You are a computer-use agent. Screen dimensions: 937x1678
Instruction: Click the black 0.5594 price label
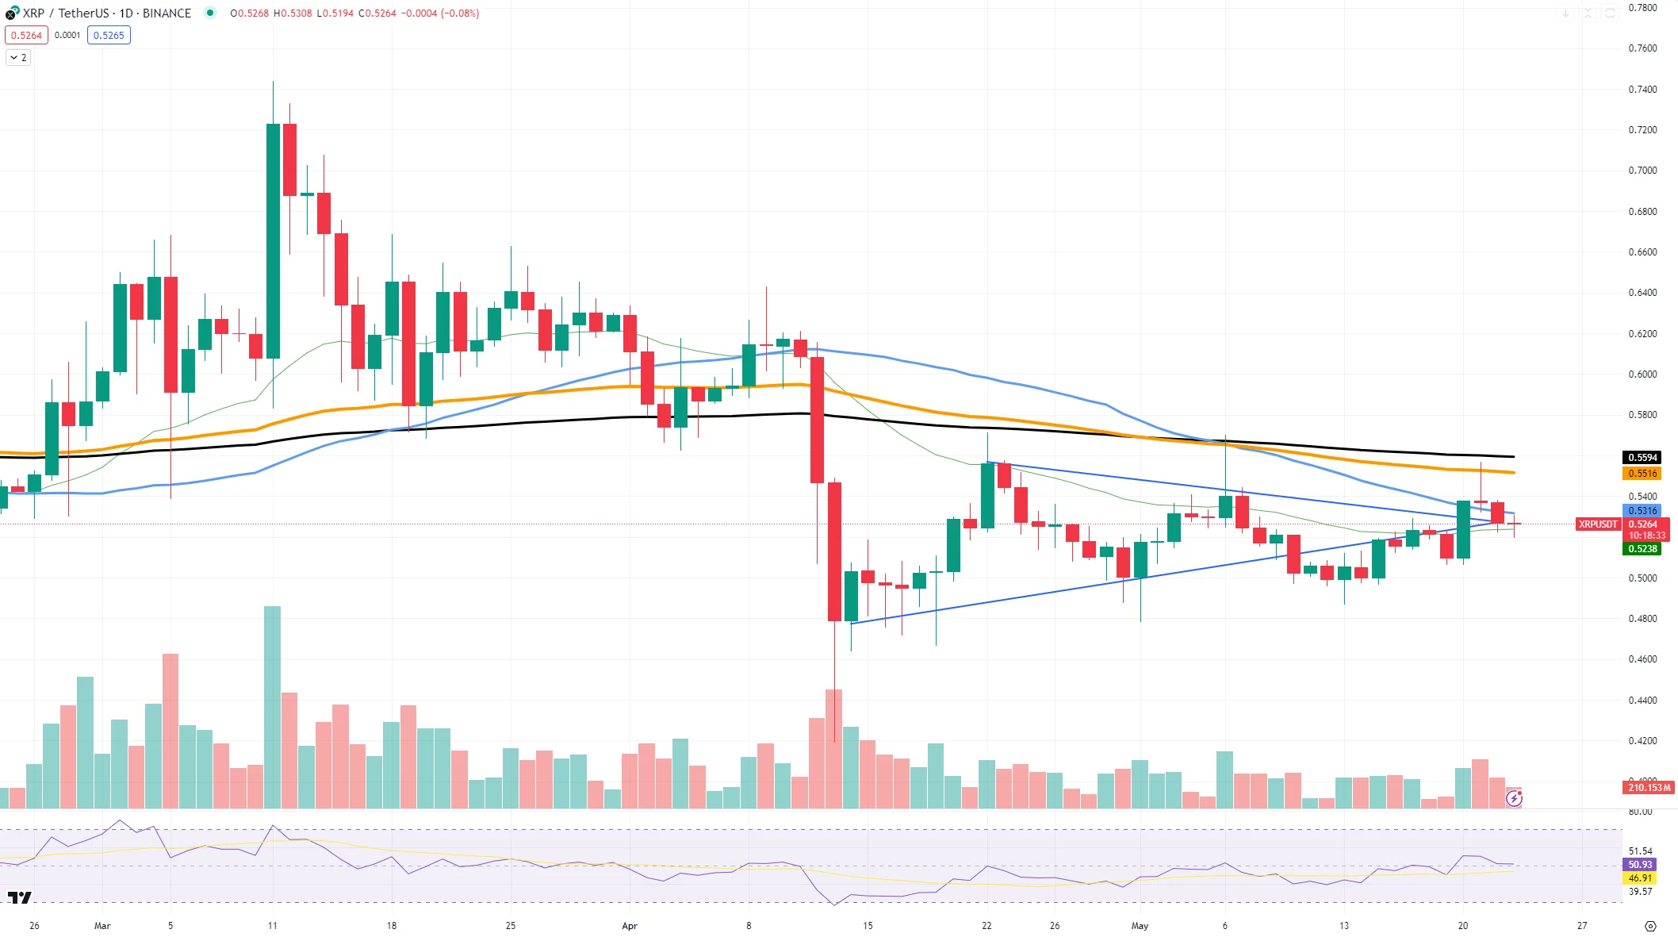[1642, 458]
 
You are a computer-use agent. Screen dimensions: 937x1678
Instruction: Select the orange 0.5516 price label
[1642, 474]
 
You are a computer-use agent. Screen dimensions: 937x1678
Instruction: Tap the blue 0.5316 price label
[1642, 511]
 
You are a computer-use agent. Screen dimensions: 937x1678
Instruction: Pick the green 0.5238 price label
[1642, 549]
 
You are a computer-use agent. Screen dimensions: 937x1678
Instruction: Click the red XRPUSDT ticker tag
[1597, 524]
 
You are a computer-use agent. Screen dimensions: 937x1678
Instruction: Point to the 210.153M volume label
[1649, 788]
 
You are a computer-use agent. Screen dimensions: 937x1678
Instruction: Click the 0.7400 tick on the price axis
[1642, 90]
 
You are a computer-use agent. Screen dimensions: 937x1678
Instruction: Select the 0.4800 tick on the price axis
[1642, 619]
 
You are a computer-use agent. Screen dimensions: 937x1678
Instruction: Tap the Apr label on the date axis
[630, 926]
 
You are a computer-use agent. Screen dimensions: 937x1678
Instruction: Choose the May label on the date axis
[1140, 926]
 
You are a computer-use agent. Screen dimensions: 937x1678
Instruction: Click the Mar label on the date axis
[102, 926]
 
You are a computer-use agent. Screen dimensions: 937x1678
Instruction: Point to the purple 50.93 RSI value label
[1640, 865]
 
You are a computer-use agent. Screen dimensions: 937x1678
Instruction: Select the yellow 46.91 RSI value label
[1640, 878]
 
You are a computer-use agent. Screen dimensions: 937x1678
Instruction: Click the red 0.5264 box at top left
[26, 36]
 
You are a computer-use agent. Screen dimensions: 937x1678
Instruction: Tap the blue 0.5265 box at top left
[109, 36]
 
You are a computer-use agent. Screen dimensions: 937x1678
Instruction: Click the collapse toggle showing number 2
[18, 58]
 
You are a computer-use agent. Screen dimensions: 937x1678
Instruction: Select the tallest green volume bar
[272, 707]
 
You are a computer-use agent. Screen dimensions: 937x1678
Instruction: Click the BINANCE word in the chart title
[167, 13]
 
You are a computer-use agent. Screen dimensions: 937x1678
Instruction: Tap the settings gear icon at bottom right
[1650, 926]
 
